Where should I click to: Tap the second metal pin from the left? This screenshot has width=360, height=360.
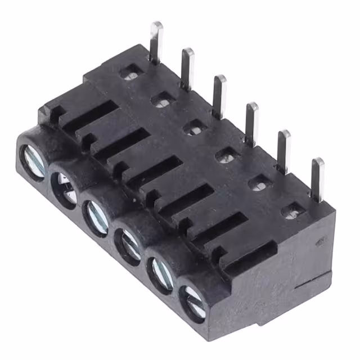coord(187,67)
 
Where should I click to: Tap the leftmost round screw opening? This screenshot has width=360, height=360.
coord(32,162)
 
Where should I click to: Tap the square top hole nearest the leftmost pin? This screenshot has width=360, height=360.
coord(132,72)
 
